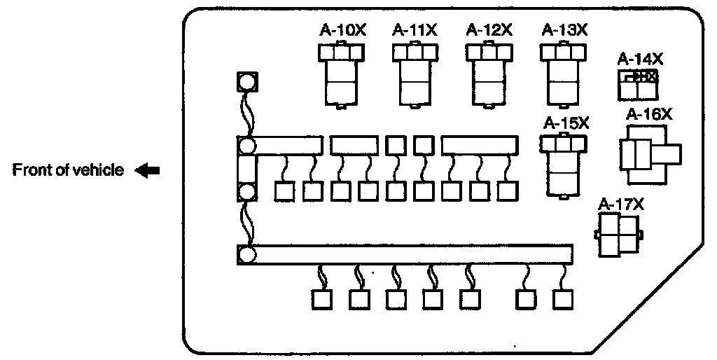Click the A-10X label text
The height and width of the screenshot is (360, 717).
coord(342,31)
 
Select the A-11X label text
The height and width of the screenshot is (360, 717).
coord(416,31)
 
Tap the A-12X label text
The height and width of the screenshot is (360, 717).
coord(490,31)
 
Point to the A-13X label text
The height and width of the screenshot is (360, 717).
coord(565,31)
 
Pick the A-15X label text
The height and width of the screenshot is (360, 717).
coord(566,123)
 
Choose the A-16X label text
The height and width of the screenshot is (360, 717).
coord(649,114)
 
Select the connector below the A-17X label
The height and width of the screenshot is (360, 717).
coord(619,234)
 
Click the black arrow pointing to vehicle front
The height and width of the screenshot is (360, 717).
coord(148,170)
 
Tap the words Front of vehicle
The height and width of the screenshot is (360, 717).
coord(69,170)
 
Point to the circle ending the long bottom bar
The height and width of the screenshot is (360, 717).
coord(247,254)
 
